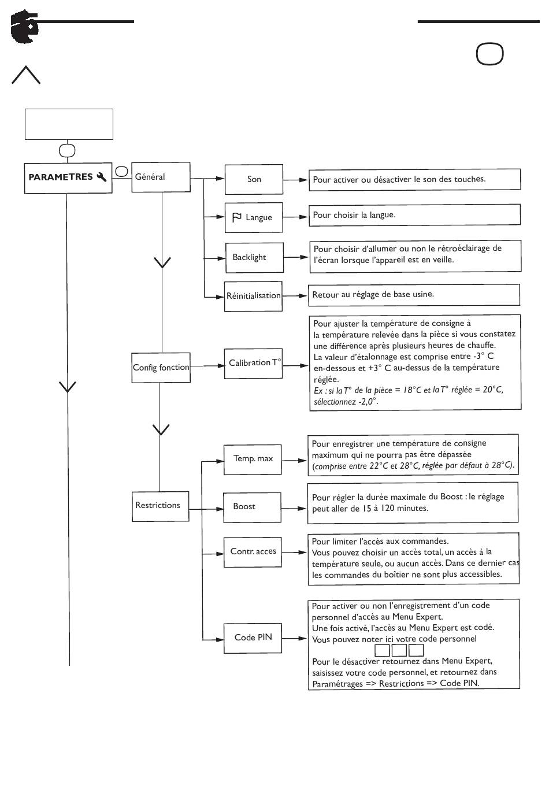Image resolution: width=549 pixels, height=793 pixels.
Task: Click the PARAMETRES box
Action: [68, 178]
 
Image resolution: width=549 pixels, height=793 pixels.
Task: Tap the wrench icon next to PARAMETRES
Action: [102, 177]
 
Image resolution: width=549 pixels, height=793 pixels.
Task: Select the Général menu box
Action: [161, 177]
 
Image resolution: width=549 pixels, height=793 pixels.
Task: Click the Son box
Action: [254, 180]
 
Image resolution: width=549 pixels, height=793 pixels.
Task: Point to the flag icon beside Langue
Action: [237, 217]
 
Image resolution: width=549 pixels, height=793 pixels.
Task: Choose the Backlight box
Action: [254, 257]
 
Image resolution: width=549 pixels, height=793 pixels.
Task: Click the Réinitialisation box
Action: [254, 297]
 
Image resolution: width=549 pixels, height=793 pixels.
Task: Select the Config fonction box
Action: [161, 368]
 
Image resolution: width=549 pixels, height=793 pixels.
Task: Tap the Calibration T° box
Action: [254, 364]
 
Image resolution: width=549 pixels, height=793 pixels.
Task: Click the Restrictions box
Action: [160, 506]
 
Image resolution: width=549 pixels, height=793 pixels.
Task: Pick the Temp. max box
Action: [253, 460]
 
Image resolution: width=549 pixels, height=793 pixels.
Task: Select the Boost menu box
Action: [253, 507]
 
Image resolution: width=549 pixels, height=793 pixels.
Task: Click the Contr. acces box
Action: [253, 553]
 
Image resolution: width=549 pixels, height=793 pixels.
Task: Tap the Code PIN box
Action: [253, 638]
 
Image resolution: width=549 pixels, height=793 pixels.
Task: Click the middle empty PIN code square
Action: [399, 650]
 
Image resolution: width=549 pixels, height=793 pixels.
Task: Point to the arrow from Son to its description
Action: [295, 180]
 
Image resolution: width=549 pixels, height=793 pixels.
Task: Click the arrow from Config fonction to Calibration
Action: [207, 366]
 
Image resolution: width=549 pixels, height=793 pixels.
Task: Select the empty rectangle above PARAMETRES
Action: [69, 124]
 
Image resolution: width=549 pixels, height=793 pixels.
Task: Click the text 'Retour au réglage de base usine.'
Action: [373, 294]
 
